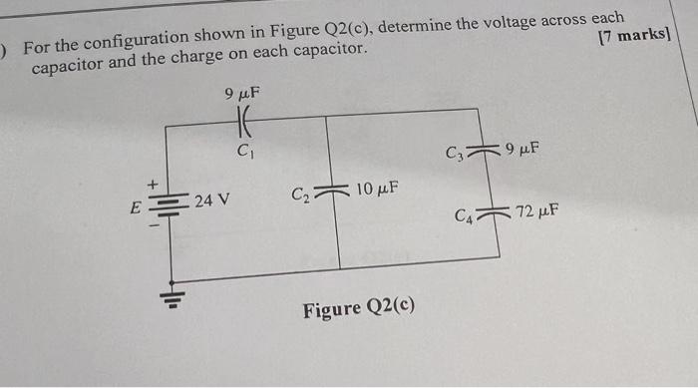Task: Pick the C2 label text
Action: [302, 193]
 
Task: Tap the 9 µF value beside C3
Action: [523, 151]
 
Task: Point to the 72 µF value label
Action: [536, 211]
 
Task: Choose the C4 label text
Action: [465, 214]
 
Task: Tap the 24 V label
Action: [211, 200]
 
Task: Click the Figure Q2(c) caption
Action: [359, 309]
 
